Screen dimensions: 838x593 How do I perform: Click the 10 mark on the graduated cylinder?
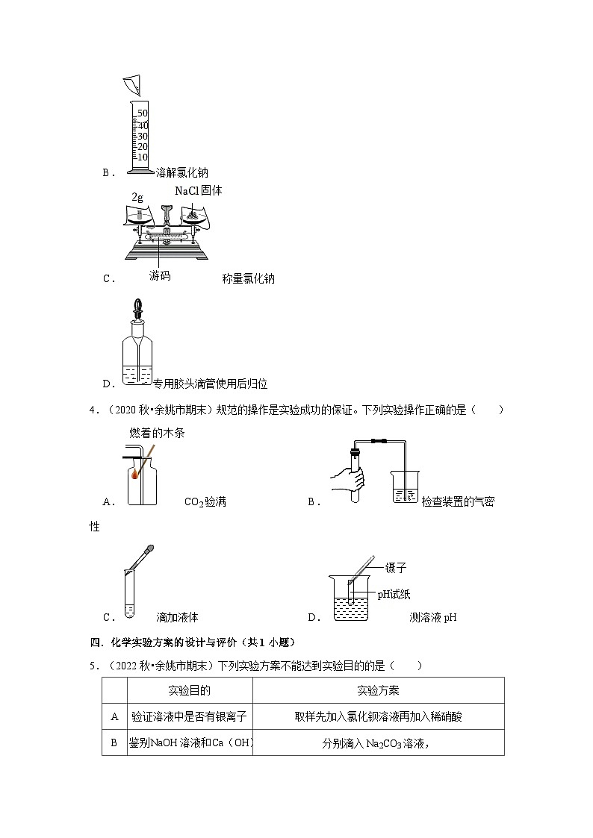tap(142, 157)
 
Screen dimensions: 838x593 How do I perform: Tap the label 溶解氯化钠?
tap(182, 172)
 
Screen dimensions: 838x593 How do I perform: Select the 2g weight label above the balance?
tap(137, 198)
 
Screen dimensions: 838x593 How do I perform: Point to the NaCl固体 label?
tap(198, 191)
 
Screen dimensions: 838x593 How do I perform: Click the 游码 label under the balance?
tap(159, 275)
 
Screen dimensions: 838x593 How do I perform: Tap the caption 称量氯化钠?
tap(248, 278)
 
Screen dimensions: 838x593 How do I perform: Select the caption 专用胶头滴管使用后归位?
tap(210, 384)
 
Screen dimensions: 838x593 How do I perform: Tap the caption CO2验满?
tap(205, 502)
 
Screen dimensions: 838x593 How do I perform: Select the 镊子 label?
tap(396, 568)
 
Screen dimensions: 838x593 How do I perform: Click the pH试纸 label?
tap(393, 594)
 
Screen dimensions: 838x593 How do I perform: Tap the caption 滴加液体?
tap(177, 617)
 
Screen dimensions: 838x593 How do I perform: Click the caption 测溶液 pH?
tap(433, 617)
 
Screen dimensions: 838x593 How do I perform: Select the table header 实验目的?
tap(189, 690)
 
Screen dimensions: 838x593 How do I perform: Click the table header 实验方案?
tap(378, 690)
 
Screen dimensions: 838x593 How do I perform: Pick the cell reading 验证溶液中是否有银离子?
tap(189, 716)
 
